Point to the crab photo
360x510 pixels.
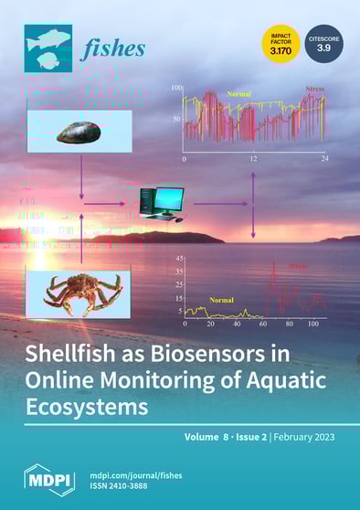point(80,292)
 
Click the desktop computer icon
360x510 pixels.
point(161,203)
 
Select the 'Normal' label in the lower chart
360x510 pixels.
point(221,300)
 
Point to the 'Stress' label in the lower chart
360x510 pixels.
point(299,266)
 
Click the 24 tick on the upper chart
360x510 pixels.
point(323,159)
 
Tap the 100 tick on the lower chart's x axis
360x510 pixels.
point(312,324)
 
